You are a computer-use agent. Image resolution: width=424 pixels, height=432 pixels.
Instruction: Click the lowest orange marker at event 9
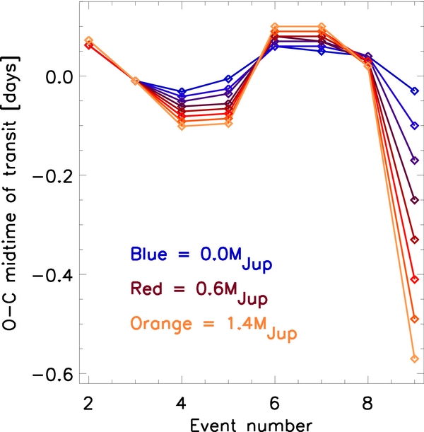coord(415,359)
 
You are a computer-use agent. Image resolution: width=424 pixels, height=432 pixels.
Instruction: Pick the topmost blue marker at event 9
coord(415,91)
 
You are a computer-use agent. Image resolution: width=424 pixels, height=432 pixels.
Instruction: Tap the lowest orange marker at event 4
coord(182,127)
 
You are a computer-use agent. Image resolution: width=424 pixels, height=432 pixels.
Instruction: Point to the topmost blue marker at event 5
coord(228,79)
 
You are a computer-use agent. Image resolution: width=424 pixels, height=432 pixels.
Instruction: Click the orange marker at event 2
coord(88,40)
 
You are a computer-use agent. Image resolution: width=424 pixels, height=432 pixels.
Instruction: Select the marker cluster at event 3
coord(135,81)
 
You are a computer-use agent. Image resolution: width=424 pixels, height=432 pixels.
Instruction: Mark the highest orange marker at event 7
coord(322,26)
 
